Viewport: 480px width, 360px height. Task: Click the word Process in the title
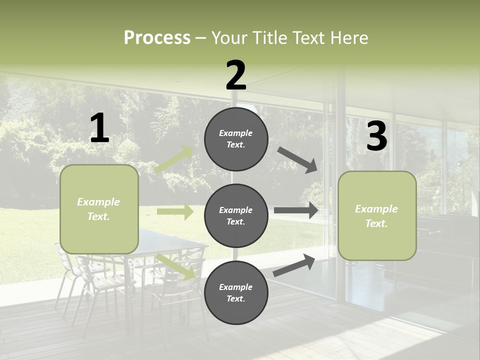point(157,38)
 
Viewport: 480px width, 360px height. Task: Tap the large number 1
point(99,128)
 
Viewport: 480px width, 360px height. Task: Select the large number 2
point(236,75)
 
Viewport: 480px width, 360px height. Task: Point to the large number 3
point(376,136)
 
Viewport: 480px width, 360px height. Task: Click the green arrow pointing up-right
point(174,159)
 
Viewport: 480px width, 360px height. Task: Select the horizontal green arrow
point(175,212)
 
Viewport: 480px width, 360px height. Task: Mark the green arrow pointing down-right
point(175,266)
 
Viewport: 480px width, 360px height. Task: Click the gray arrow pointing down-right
point(297,159)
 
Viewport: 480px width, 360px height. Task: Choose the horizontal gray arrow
point(296,210)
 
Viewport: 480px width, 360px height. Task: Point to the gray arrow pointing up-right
point(294,265)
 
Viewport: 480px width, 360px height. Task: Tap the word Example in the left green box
point(98,202)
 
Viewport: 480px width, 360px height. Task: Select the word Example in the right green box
point(376,209)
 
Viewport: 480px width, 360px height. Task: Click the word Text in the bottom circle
point(235,299)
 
